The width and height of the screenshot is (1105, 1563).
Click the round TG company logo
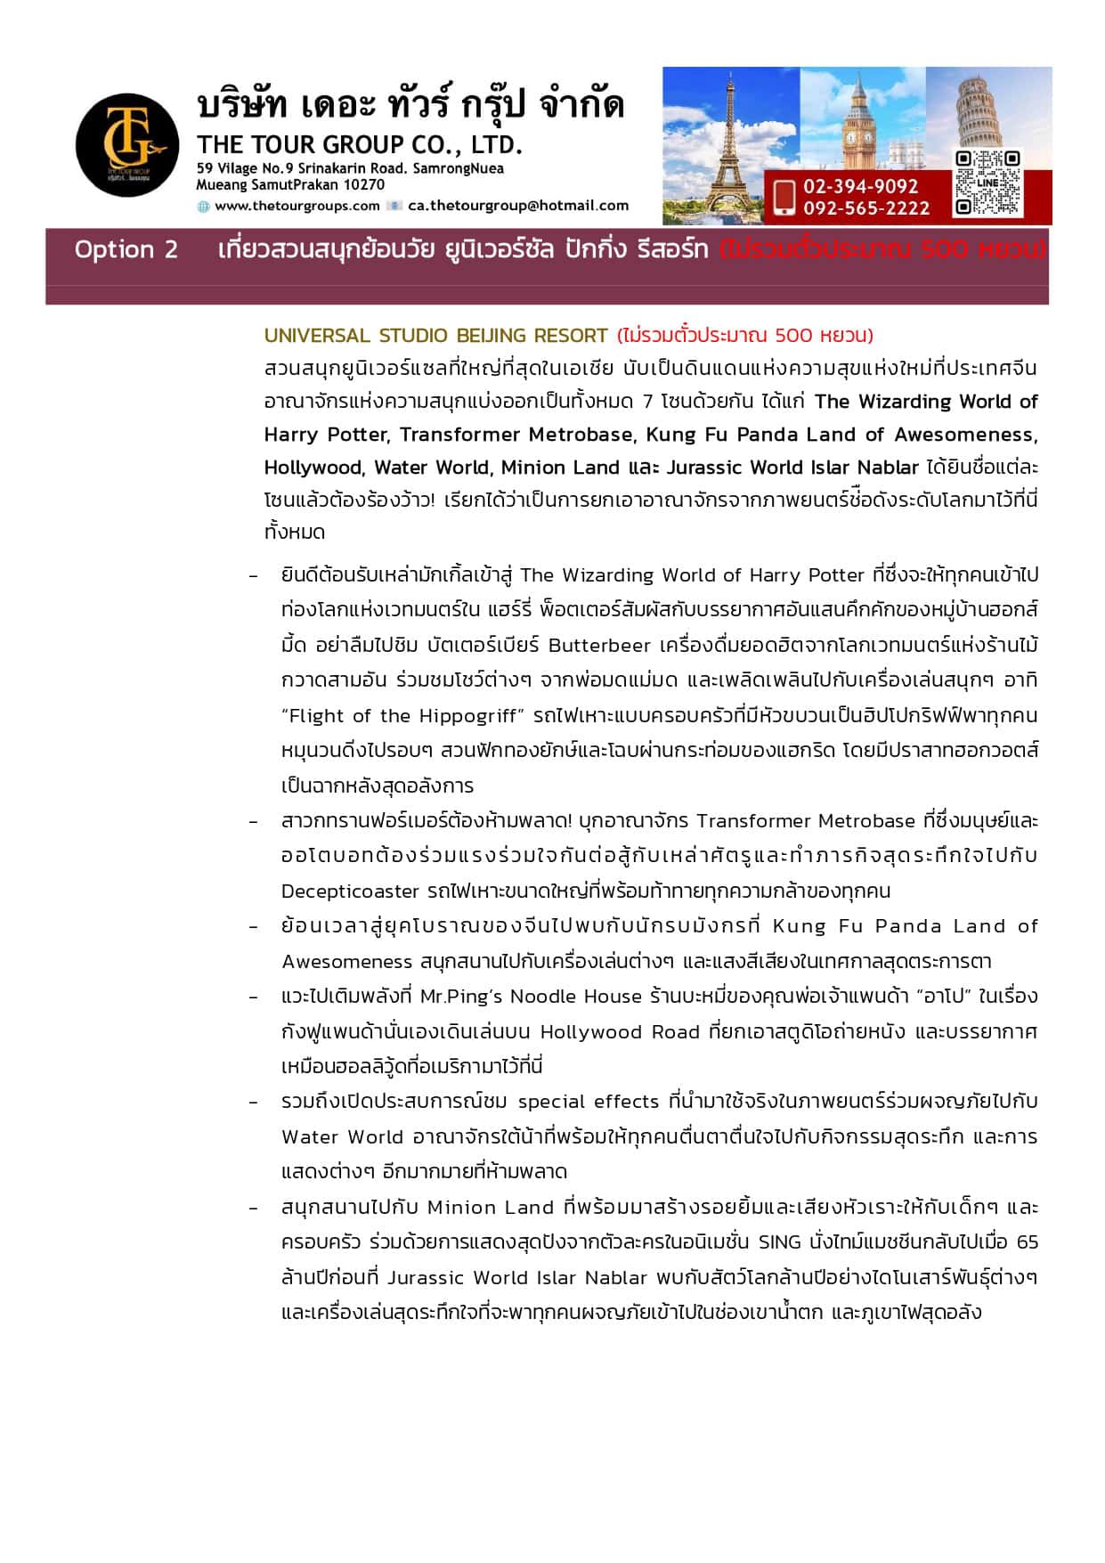point(127,144)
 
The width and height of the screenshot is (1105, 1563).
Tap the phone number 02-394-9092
point(860,186)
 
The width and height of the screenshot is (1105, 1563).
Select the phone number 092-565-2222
point(865,208)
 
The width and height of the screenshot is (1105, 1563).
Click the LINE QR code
point(987,183)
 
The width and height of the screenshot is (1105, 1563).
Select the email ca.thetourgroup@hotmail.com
point(518,206)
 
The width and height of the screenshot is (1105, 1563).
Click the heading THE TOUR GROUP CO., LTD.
point(359,144)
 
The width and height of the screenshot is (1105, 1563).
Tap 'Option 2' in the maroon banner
point(126,249)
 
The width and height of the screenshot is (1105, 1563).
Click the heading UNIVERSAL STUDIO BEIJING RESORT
point(435,336)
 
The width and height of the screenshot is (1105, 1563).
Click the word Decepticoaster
point(350,891)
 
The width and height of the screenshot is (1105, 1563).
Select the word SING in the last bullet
point(779,1241)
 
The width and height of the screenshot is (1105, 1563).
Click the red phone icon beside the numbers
point(784,197)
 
